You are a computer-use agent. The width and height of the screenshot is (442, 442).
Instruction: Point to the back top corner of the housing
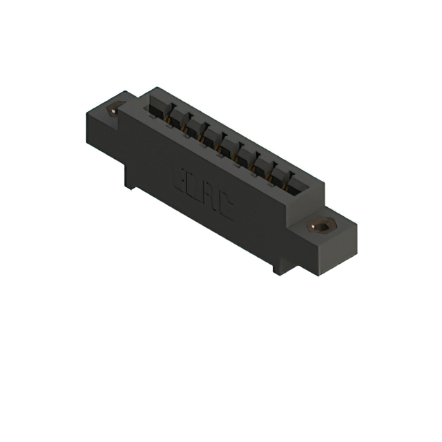click(x=157, y=88)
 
